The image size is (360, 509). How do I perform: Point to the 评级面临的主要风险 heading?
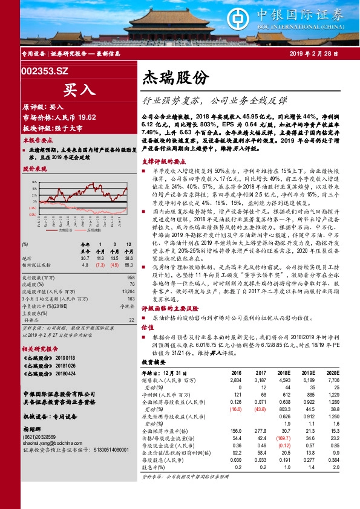(171, 308)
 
